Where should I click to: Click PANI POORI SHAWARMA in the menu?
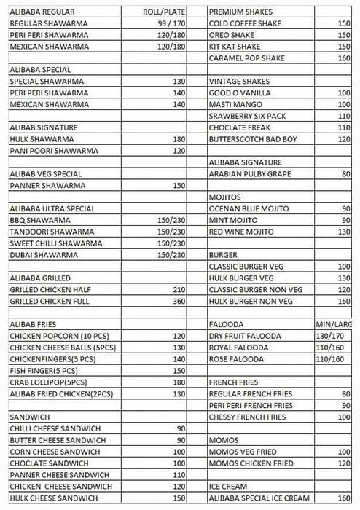tap(49, 151)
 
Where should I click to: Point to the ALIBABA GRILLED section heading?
tap(40, 278)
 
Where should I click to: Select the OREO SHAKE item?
tap(232, 35)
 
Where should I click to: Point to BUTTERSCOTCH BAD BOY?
tap(251, 139)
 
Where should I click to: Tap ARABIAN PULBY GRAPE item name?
tap(250, 174)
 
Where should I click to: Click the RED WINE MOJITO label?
tap(241, 232)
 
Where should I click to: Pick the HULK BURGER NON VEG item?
tap(251, 301)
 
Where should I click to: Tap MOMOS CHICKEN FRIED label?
tap(251, 463)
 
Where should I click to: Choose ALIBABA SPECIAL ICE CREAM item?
tap(259, 498)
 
